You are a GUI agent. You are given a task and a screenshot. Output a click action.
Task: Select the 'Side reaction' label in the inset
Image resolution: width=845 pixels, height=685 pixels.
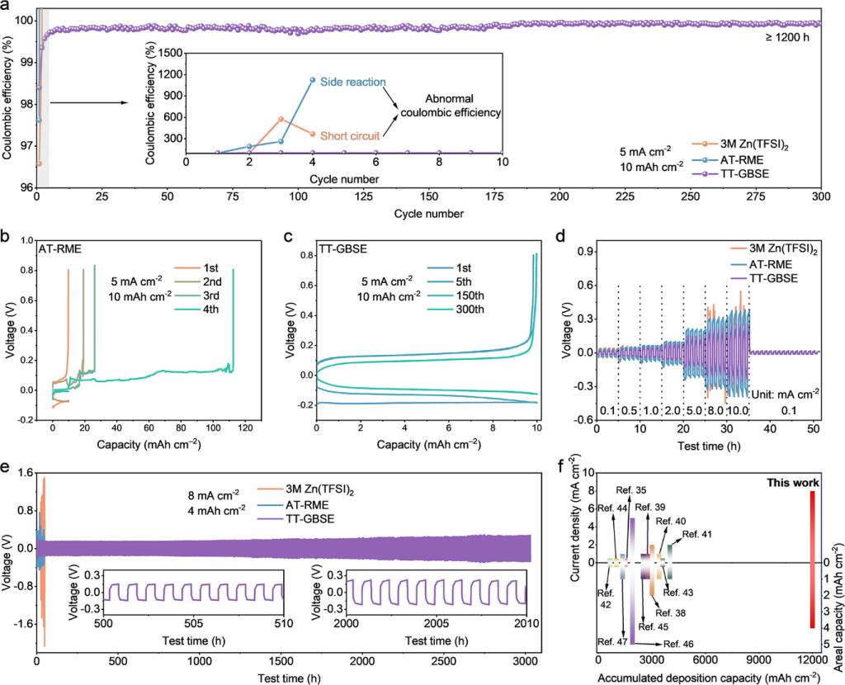tap(359, 83)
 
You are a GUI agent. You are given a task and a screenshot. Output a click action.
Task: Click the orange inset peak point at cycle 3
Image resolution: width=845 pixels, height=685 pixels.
tap(281, 119)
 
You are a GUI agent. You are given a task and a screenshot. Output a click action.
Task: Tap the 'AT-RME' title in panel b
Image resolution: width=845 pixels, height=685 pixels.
tap(59, 246)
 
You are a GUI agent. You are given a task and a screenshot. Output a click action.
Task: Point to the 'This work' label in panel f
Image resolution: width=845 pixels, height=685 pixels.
tap(793, 482)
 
